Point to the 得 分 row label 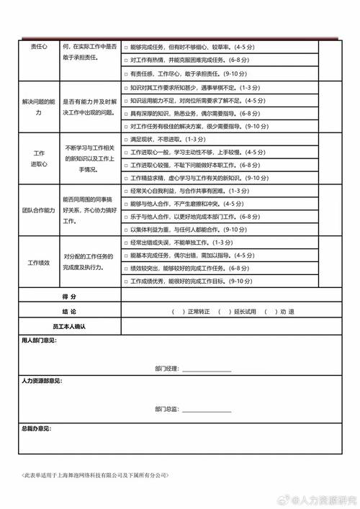(70, 297)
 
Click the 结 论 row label (70, 312)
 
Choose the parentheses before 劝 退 (270, 312)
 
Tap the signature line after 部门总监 (206, 410)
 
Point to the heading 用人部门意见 (38, 340)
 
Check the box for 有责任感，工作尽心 (126, 74)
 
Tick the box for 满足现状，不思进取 (126, 139)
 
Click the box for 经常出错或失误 (126, 243)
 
